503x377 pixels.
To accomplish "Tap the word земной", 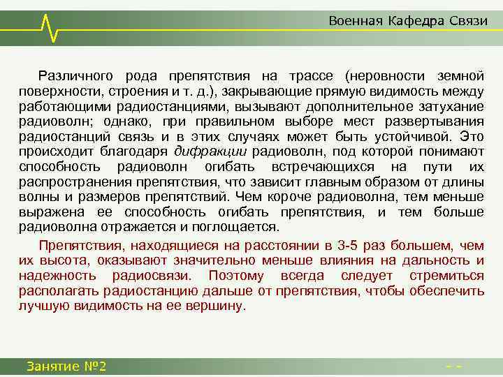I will [459, 75].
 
